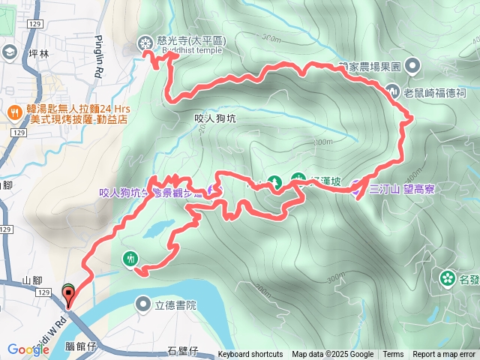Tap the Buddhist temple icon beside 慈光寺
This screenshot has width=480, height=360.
(x=144, y=44)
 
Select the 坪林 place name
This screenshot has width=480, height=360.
(x=37, y=54)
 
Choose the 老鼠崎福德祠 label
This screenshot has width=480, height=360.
(x=435, y=93)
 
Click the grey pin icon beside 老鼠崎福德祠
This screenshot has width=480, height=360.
(x=396, y=92)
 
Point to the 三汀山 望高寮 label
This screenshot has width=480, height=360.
(x=402, y=189)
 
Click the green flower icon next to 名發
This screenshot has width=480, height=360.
(x=448, y=279)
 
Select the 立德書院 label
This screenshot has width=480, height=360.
(x=175, y=304)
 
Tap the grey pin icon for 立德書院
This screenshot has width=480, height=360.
(x=143, y=304)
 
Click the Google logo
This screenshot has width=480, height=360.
(x=28, y=349)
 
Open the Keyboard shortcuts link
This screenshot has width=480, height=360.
(x=250, y=355)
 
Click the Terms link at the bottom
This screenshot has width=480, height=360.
(x=393, y=355)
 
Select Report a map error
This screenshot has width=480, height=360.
(x=445, y=355)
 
